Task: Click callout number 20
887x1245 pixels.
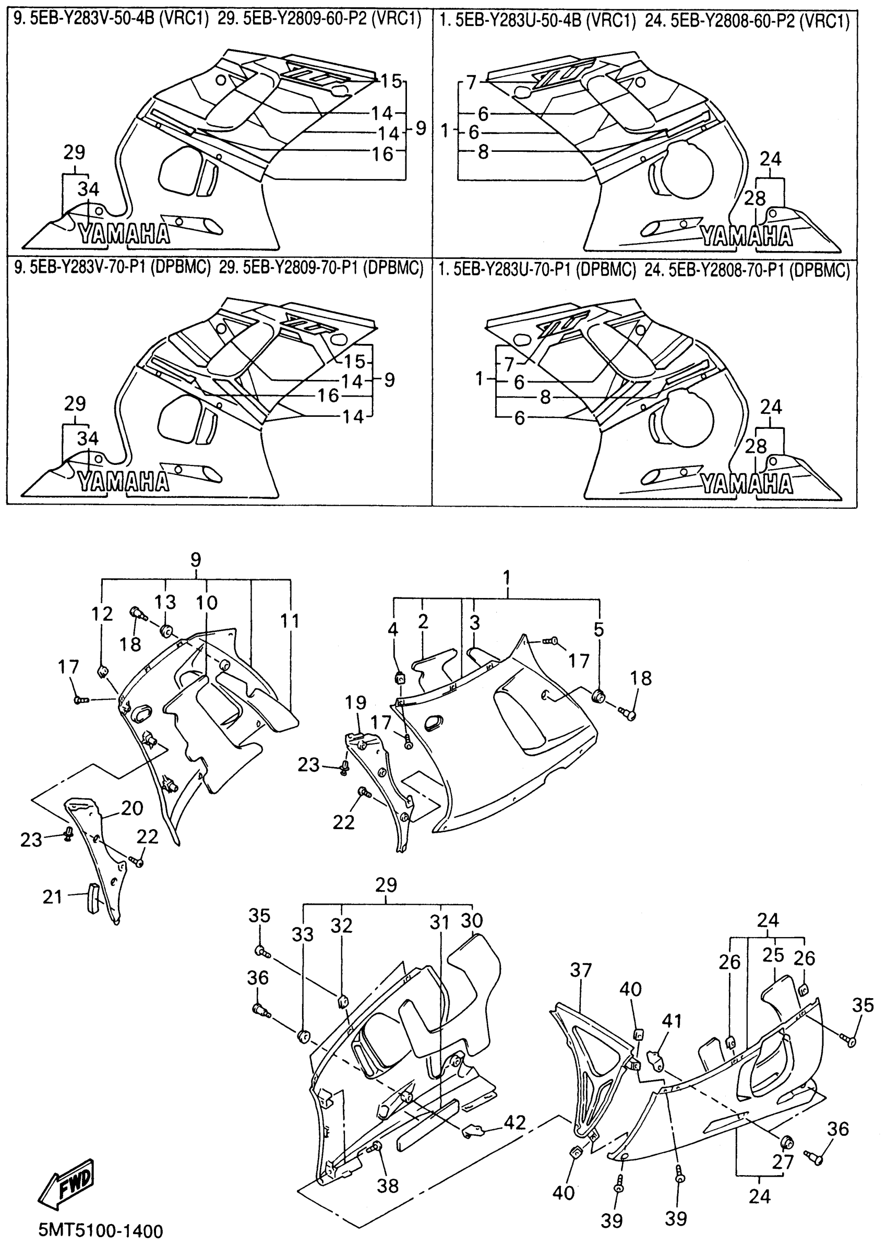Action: coord(132,808)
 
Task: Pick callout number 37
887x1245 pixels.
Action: coord(581,971)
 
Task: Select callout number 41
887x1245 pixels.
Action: coord(672,1021)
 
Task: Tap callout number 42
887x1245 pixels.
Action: coord(514,1123)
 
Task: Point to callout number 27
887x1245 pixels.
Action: coord(782,1162)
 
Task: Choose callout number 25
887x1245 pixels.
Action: coord(773,955)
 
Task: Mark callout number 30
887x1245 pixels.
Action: coord(472,920)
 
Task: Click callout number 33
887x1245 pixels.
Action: coord(303,935)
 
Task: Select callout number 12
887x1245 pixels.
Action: coord(102,614)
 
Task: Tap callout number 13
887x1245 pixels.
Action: coord(164,602)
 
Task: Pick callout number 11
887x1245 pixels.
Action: coord(290,621)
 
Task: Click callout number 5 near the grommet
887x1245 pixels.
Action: coord(599,629)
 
